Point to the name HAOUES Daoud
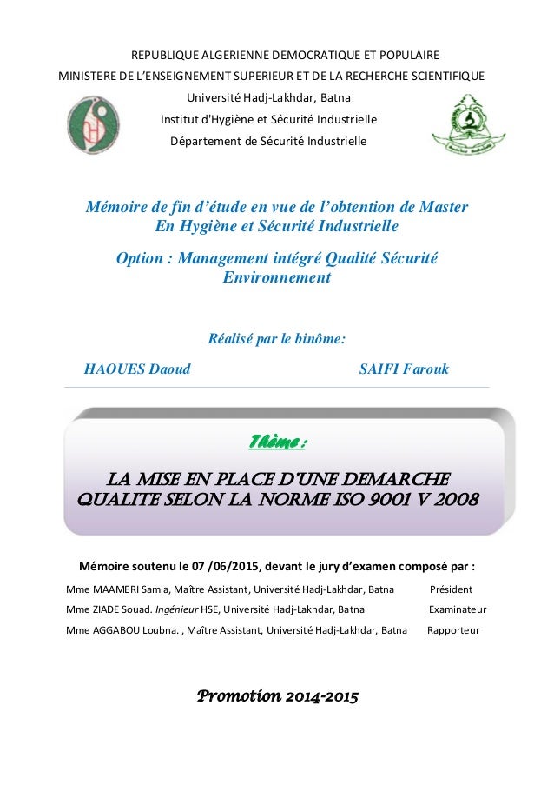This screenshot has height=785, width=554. click(136, 369)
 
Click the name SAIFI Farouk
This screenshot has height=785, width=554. click(404, 369)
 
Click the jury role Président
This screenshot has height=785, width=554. click(451, 589)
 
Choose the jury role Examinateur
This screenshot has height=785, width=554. click(458, 609)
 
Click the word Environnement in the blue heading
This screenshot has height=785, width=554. click(277, 278)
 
